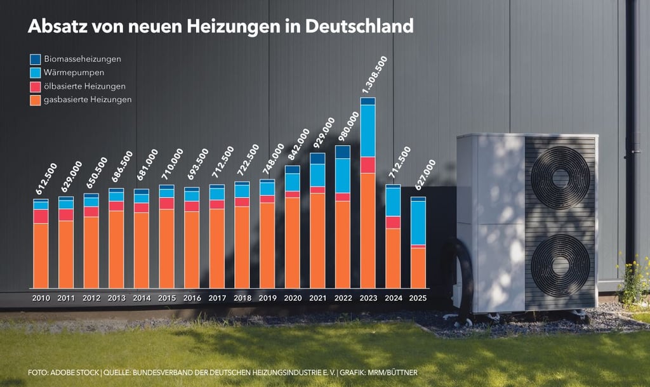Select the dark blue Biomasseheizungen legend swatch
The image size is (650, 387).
[x=36, y=59]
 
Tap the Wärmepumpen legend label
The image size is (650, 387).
[x=74, y=72]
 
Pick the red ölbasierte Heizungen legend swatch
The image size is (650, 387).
[x=36, y=86]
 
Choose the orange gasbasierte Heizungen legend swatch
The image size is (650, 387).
[x=36, y=100]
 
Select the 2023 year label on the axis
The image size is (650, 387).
[x=368, y=298]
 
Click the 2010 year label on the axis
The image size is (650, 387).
[x=41, y=298]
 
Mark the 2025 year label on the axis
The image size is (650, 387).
[x=418, y=298]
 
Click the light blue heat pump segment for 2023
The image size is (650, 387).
[x=368, y=130]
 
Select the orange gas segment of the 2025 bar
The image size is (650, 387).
[x=418, y=268]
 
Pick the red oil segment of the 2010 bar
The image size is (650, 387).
[x=41, y=216]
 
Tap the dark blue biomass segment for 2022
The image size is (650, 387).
[x=343, y=152]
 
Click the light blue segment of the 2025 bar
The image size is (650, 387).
[x=418, y=222]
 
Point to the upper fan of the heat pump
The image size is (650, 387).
[x=560, y=178]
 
